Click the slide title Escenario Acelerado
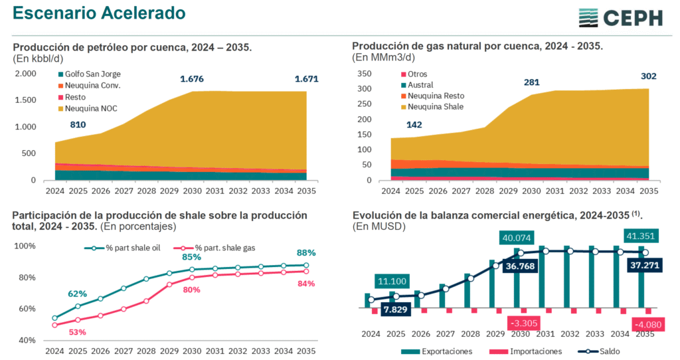pyautogui.click(x=99, y=13)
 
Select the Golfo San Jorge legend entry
pyautogui.click(x=89, y=74)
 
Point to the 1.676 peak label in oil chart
pyautogui.click(x=192, y=80)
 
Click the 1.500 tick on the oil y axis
pyautogui.click(x=25, y=100)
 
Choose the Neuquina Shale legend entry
pyautogui.click(x=431, y=107)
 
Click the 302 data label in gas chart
pyautogui.click(x=648, y=76)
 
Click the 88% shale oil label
pyautogui.click(x=306, y=253)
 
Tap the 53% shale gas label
pyautogui.click(x=77, y=332)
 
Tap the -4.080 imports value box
pyautogui.click(x=646, y=325)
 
